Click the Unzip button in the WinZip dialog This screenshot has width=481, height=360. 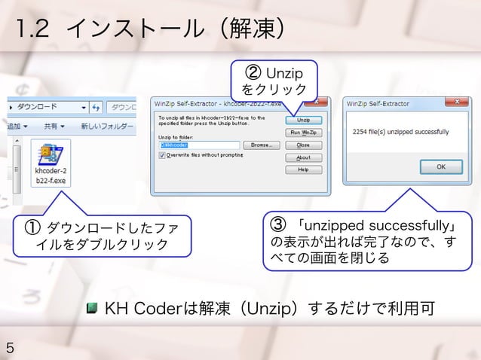click(x=303, y=120)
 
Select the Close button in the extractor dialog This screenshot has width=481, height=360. click(x=303, y=145)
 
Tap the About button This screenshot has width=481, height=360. click(x=303, y=157)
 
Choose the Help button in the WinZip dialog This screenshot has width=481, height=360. click(x=303, y=169)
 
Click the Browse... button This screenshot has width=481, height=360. click(x=261, y=145)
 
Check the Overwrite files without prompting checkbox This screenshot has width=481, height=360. click(x=162, y=155)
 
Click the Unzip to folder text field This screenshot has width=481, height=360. click(x=198, y=145)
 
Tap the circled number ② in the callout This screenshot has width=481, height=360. click(x=256, y=73)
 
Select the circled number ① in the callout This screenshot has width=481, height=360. click(x=33, y=227)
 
